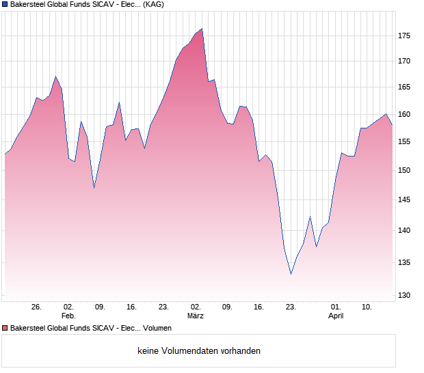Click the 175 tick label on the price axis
405,36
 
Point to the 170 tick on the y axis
405,61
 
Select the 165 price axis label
405,87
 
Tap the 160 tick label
405,114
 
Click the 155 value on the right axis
405,141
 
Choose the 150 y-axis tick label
405,170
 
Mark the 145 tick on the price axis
405,199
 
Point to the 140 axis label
405,230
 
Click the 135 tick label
405,262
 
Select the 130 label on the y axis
405,295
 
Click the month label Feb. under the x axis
68,316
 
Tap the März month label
196,316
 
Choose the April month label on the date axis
336,316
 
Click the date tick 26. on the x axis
37,307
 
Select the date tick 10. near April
367,307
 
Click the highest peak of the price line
202,29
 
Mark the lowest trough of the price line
291,274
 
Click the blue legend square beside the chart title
5,4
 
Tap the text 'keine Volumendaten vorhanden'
199,351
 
